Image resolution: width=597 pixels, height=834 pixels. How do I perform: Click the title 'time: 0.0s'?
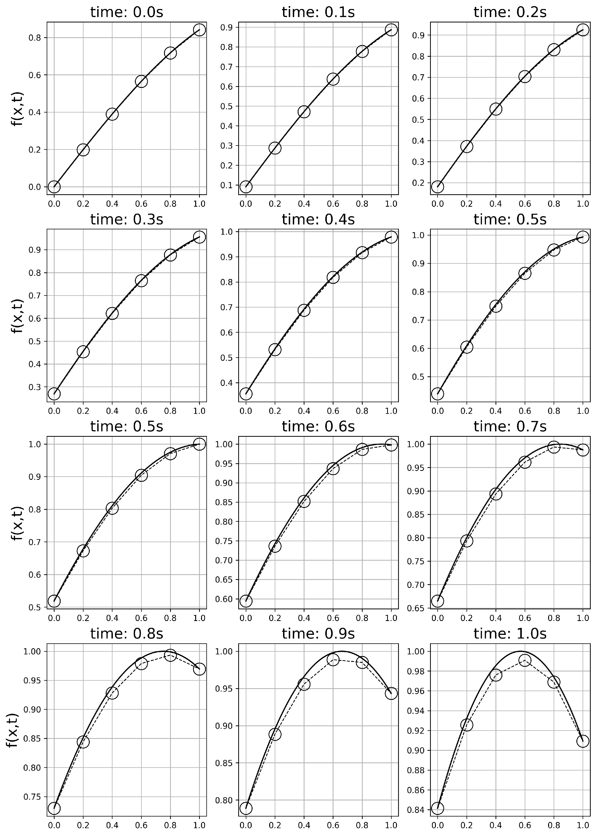(127, 12)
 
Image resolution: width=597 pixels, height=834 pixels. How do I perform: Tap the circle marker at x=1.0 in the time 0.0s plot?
(199, 30)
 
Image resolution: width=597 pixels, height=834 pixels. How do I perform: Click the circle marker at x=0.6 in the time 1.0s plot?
(525, 670)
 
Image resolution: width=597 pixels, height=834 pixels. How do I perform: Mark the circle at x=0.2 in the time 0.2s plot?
(467, 146)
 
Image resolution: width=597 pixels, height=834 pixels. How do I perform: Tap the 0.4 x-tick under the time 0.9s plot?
(304, 825)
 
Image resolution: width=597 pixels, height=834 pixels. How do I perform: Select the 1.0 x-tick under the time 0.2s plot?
(583, 204)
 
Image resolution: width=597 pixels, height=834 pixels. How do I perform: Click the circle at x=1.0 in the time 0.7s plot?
(583, 449)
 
